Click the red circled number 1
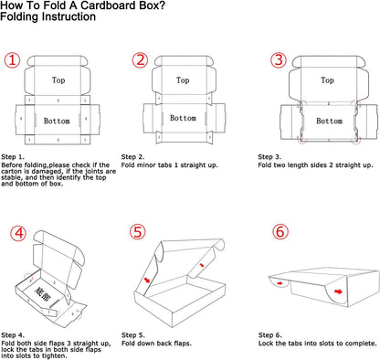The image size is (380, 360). point(12,60)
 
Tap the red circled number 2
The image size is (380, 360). point(140,59)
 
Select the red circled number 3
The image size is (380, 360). point(279,59)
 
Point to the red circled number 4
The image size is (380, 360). point(19,233)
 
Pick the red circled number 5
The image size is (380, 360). point(138,232)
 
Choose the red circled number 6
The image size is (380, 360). point(280,232)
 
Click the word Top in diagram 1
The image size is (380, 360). point(58,80)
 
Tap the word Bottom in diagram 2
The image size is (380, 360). point(183,118)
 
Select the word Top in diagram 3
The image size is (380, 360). point(327,80)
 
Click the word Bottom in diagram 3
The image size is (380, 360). point(329,121)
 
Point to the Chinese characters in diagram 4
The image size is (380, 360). point(42,294)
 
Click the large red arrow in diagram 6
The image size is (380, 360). point(338,291)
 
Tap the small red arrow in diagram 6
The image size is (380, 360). point(280,283)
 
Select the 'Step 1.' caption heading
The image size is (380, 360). point(13,157)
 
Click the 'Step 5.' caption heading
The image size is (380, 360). point(133,335)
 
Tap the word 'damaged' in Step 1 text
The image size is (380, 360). point(47,172)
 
